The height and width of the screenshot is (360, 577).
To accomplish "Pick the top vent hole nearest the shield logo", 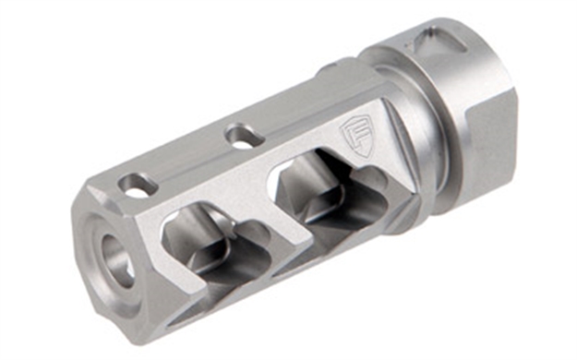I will point(243,138).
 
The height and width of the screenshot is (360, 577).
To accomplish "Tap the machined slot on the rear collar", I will point(434,42).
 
